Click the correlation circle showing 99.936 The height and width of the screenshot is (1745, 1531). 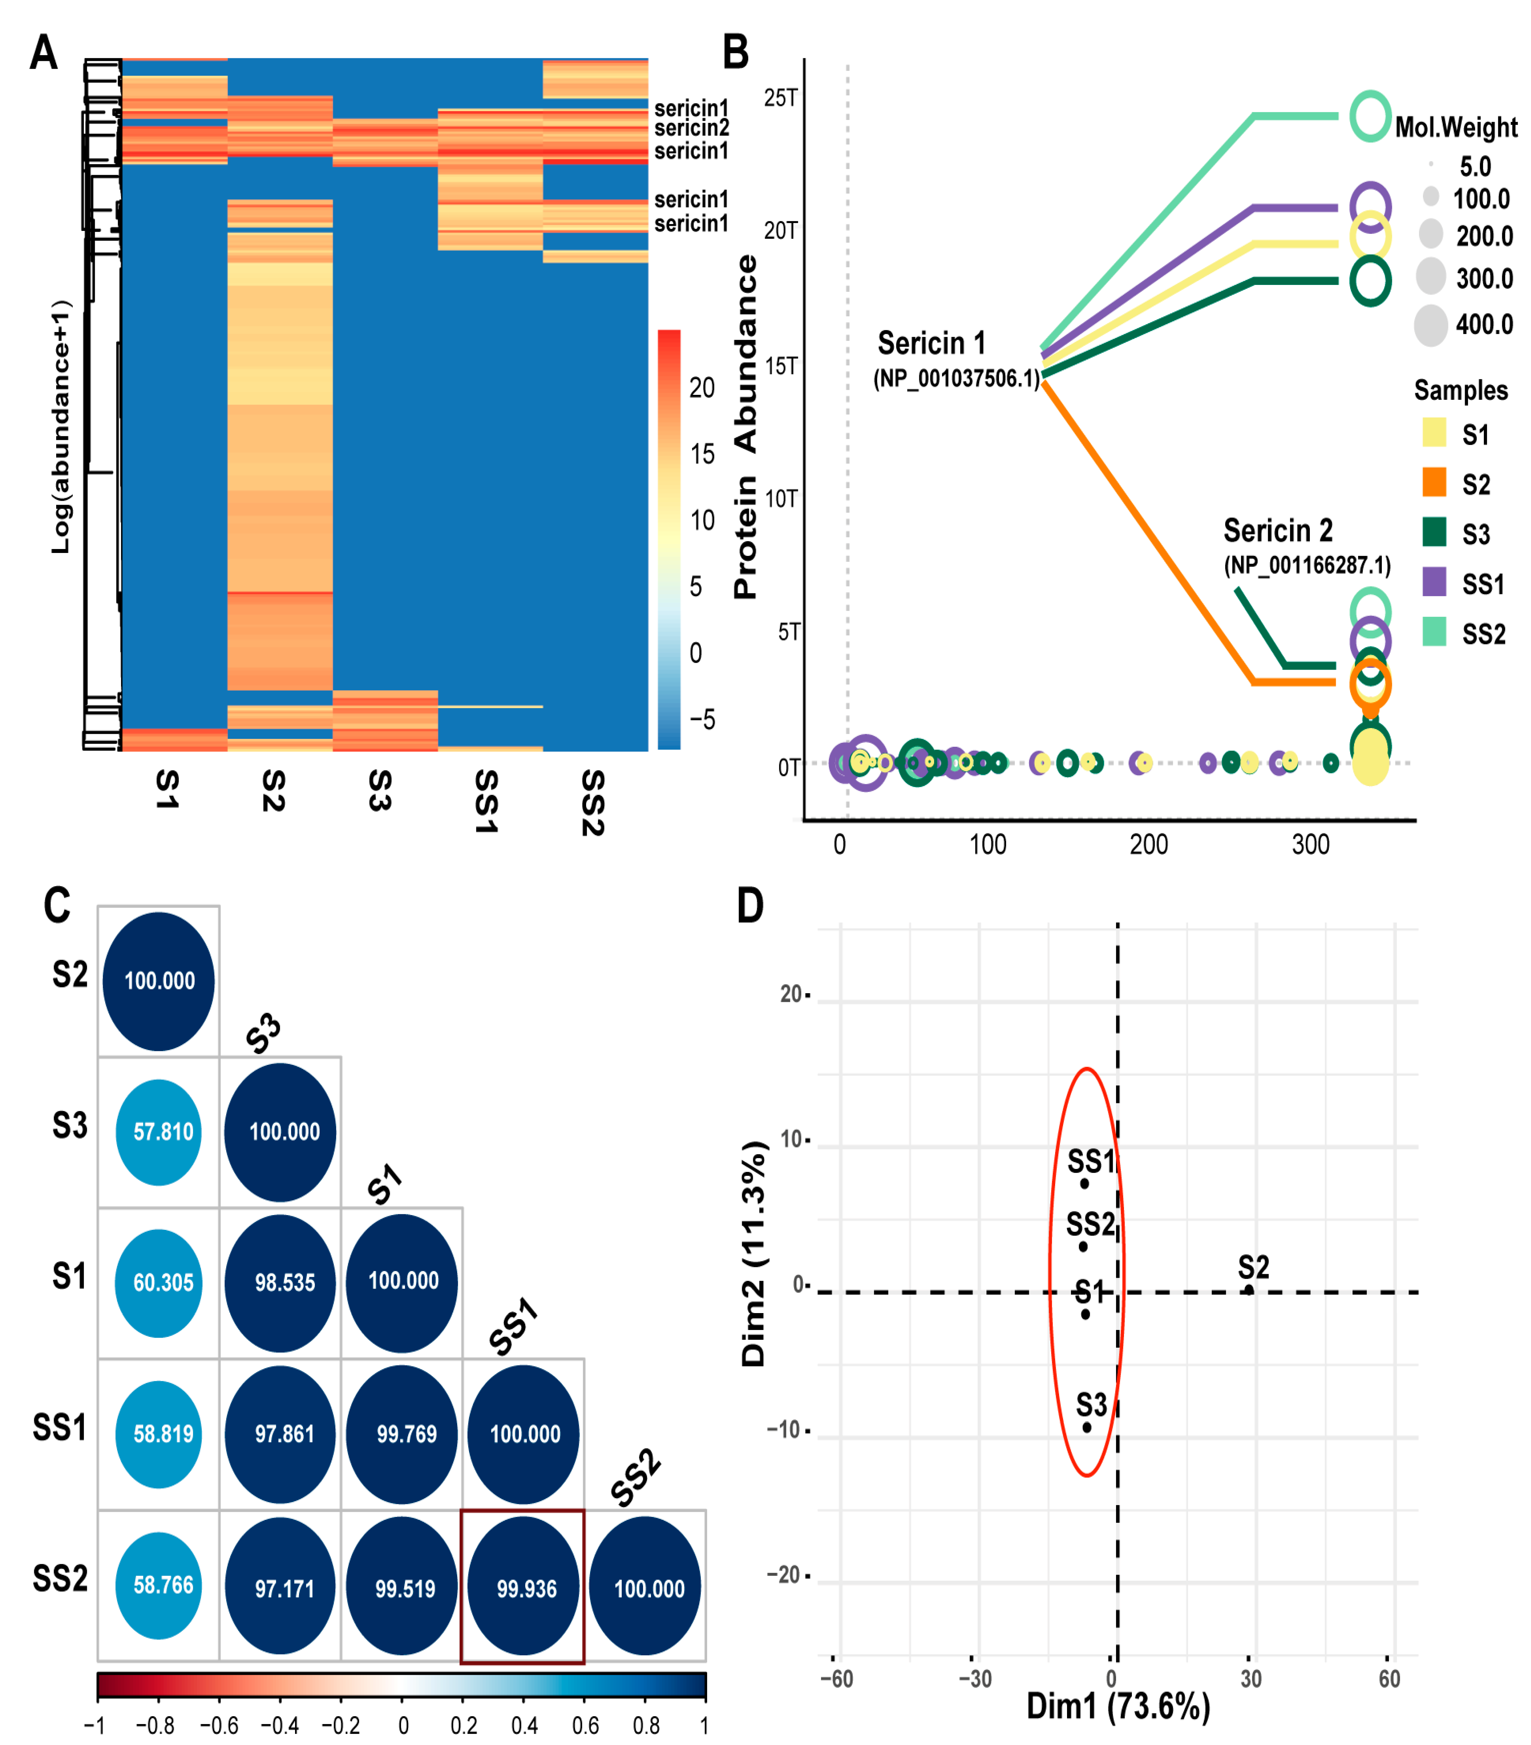(523, 1586)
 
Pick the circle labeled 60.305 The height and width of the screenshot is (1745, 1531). (159, 1282)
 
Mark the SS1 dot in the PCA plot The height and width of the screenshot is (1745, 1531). (1084, 1183)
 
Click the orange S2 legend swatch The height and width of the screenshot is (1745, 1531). (1434, 482)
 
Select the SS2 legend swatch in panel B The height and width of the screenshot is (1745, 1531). (1434, 633)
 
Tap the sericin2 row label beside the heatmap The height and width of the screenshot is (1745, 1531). (692, 128)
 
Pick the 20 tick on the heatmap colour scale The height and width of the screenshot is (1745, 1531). (702, 388)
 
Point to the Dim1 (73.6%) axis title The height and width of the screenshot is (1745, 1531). (1118, 1705)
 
